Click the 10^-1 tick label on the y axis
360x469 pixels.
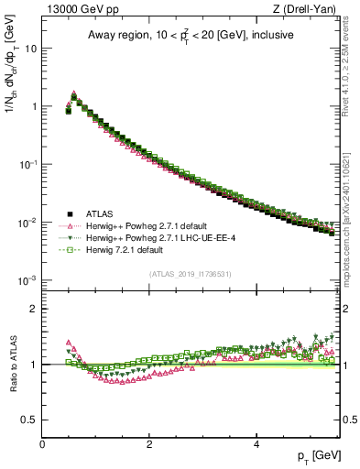point(27,164)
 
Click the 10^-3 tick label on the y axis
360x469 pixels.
point(27,280)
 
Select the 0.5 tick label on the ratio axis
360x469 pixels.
point(28,420)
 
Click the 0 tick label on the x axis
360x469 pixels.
point(42,443)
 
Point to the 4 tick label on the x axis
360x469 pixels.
point(256,443)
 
